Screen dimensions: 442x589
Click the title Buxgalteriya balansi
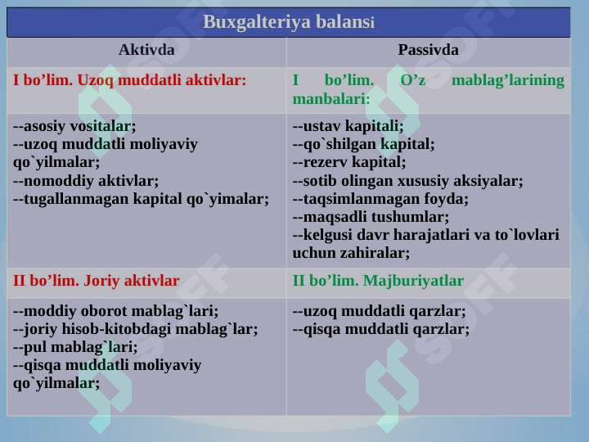288,21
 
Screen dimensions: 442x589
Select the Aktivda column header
146,50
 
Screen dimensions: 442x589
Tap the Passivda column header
428,50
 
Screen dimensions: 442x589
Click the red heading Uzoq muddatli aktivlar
129,80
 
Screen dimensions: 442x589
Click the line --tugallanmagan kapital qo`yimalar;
142,198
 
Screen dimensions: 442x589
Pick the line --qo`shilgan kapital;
363,144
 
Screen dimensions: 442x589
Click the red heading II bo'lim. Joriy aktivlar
97,281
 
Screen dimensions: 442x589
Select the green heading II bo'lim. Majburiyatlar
378,281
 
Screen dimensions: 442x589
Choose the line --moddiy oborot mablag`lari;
116,311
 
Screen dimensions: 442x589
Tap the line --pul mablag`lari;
76,347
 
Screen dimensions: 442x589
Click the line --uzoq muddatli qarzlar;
380,311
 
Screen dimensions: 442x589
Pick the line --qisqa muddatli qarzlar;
381,329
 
